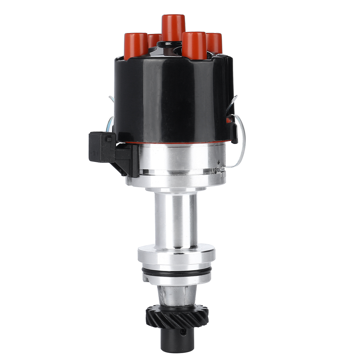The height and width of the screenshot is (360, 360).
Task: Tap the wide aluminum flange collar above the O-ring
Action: tap(176, 255)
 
